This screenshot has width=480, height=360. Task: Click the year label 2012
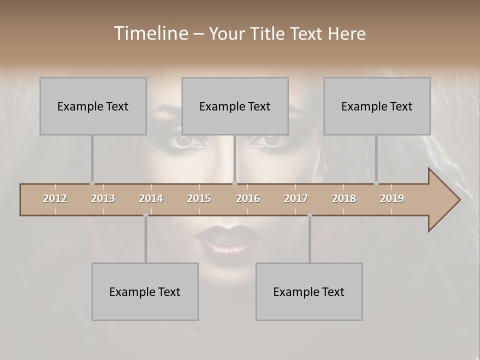pos(55,198)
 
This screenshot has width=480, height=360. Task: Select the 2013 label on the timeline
pos(103,198)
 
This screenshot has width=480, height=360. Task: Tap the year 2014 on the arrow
pos(151,198)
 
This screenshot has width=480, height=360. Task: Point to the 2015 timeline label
pos(199,198)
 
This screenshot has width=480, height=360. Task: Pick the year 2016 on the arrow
pos(248,198)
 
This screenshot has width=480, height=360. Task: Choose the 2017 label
pos(296,198)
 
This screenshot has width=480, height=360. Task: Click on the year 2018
pos(344,198)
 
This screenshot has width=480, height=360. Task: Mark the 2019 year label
pos(392,198)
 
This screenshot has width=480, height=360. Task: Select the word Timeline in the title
pos(150,33)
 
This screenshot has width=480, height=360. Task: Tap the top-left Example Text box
pos(93,106)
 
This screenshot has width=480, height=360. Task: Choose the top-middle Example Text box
pos(235,106)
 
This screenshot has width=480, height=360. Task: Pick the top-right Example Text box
pos(377,106)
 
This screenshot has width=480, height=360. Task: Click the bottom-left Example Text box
pos(145,291)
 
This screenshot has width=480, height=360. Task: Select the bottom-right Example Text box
pos(309,291)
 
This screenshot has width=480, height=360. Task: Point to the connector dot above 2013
pos(92,183)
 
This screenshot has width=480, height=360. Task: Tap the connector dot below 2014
pos(145,215)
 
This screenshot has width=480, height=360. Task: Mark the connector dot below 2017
pos(309,215)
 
